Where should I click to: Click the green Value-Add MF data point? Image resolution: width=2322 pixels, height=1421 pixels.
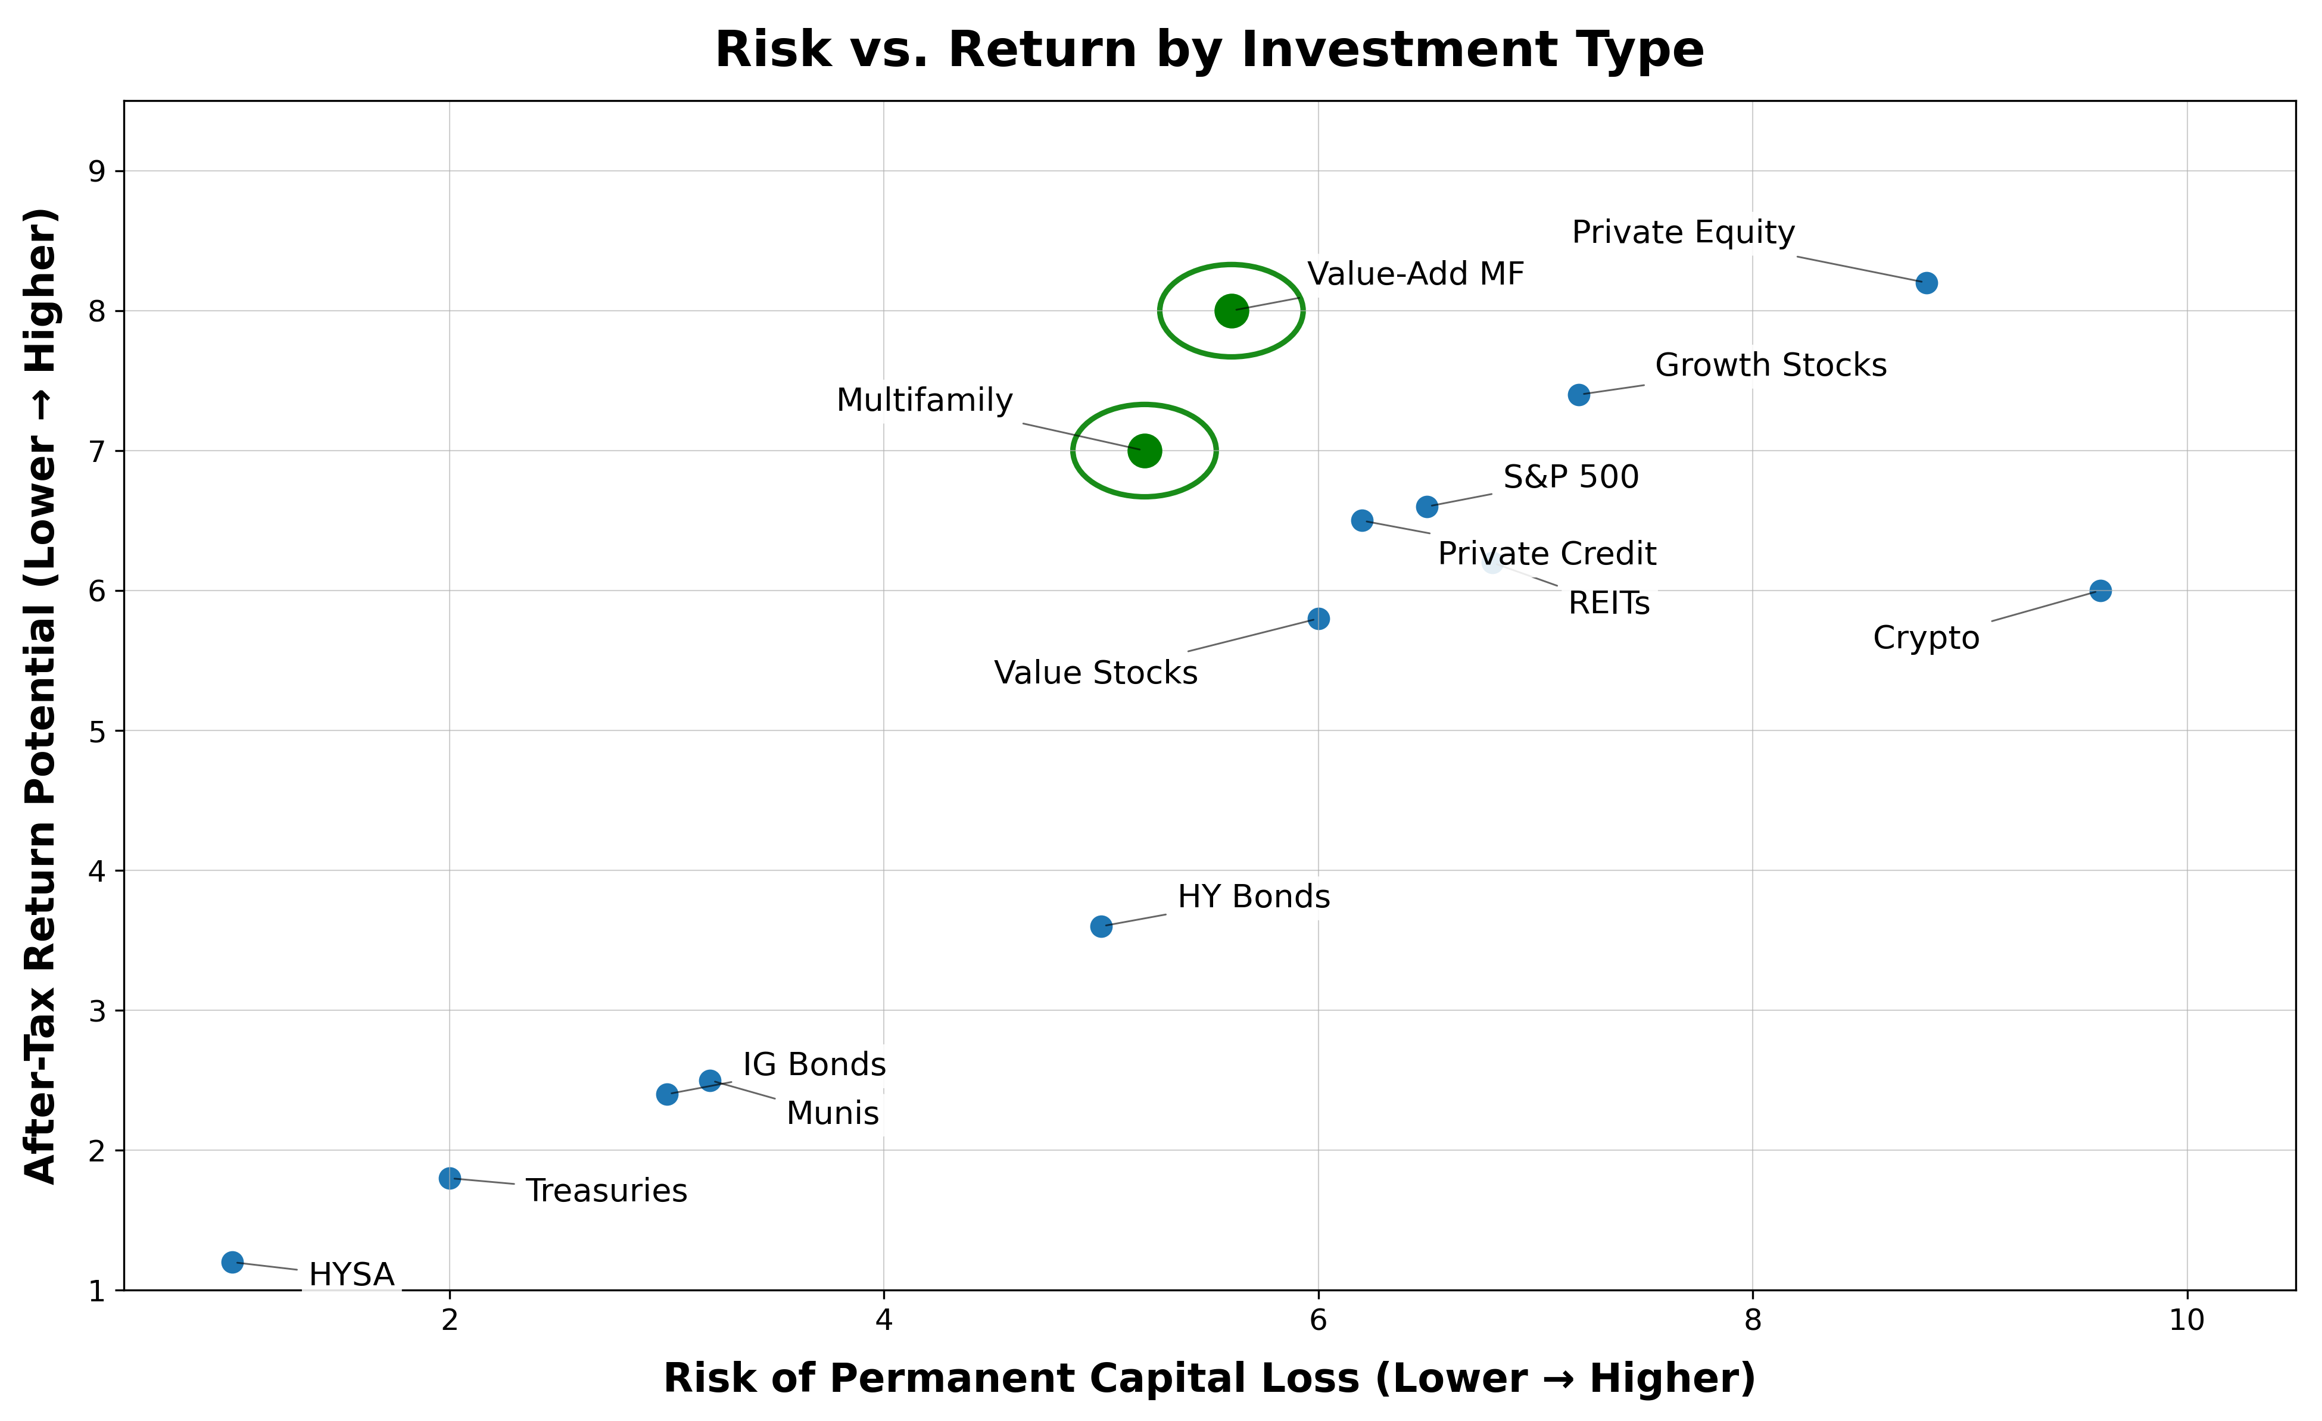point(1231,310)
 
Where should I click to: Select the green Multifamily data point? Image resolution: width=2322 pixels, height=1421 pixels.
point(1144,451)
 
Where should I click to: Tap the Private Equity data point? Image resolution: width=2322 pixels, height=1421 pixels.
point(1926,283)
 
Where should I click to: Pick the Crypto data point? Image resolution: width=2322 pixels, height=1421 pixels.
point(2100,591)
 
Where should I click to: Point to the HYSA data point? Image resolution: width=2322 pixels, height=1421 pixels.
point(233,1261)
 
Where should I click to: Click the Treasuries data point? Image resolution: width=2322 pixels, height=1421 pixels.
point(450,1178)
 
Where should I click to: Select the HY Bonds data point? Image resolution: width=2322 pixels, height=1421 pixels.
point(1101,926)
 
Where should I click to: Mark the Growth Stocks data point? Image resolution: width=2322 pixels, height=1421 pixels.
point(1578,395)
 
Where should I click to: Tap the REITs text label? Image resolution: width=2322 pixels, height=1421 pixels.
point(1608,603)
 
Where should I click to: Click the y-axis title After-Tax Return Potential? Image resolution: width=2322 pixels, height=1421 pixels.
point(42,695)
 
